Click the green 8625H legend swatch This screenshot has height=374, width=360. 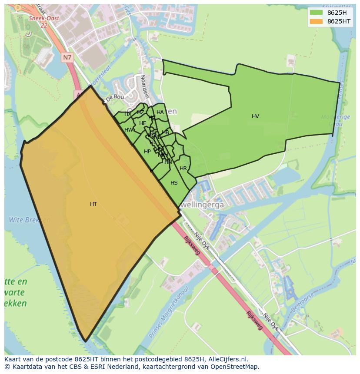point(316,13)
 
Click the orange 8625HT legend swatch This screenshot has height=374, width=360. point(316,21)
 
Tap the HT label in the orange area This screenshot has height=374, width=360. point(93,204)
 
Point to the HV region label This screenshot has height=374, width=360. point(255,116)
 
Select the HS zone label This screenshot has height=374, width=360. point(174,183)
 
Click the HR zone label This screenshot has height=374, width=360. point(183,169)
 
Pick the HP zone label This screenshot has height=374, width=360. point(147,152)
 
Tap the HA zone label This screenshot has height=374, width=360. point(160,113)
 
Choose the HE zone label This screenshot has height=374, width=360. point(143,123)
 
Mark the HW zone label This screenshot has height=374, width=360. point(129,130)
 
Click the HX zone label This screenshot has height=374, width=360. point(128,114)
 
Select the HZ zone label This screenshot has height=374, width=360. point(140,113)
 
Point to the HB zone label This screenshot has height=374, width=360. point(165,132)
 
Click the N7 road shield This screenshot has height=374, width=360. point(67,57)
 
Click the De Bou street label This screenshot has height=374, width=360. point(115,97)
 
